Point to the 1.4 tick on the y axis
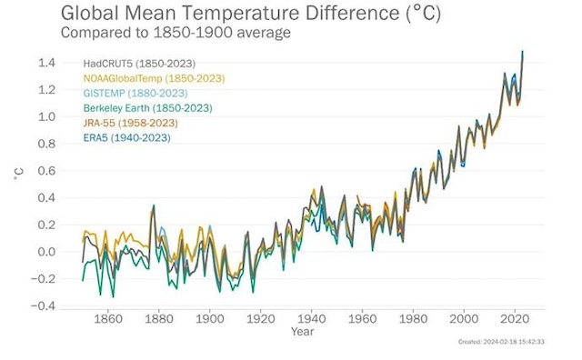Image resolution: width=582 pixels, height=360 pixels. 47,63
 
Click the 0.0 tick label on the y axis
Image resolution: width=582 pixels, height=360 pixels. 47,252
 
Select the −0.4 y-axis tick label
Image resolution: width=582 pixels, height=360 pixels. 45,306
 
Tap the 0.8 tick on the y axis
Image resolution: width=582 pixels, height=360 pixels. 47,144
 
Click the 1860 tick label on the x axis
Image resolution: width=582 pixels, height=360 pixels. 108,319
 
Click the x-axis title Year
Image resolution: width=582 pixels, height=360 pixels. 303,332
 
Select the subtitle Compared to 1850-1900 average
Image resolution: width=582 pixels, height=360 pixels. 176,32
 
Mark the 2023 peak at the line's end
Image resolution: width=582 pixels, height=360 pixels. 522,52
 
